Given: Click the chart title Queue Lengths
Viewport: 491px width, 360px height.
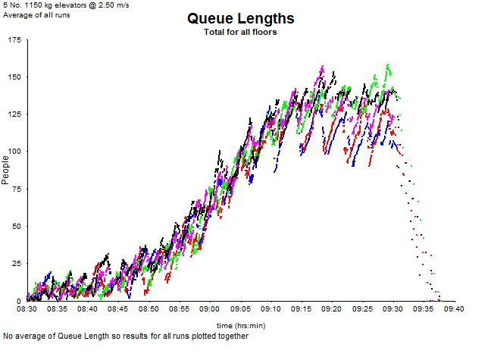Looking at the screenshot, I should point(240,18).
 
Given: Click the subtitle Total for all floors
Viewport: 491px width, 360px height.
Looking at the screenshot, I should point(240,32).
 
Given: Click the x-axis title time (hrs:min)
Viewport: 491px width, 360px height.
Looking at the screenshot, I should point(242,325).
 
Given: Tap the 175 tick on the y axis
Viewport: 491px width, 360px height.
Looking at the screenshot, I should point(14,39).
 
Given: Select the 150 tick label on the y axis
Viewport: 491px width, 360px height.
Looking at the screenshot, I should point(14,77).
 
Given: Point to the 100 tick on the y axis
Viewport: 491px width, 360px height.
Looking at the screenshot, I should point(14,151).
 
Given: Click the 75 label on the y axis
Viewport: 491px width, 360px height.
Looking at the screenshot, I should point(17,189).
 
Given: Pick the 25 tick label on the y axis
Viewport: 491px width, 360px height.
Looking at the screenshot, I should point(17,263).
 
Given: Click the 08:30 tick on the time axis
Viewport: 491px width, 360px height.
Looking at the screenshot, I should point(27,309).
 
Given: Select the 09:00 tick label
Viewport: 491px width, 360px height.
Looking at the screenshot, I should point(210,309).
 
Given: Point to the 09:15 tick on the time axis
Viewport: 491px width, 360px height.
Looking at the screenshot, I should point(302,309).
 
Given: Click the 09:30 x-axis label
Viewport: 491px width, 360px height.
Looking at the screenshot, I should point(392,309).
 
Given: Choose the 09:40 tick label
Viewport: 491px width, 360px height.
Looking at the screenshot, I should point(454,309).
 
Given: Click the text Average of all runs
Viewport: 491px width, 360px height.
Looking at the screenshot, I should point(36,15).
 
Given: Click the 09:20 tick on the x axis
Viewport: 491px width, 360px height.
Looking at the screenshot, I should point(332,309).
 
